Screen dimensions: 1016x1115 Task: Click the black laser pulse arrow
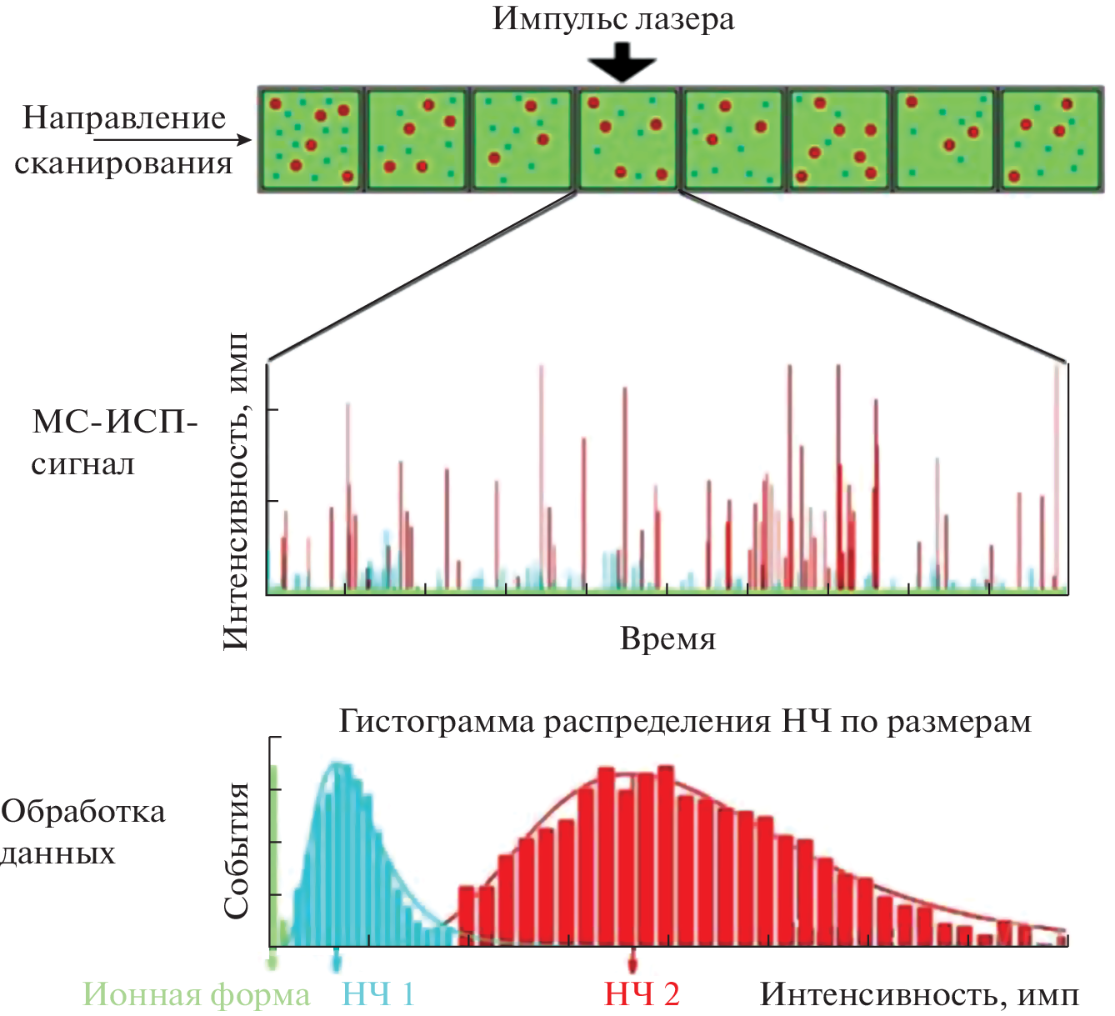point(622,67)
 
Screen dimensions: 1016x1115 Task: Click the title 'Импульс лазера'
point(612,18)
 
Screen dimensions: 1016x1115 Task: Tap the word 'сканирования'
point(123,163)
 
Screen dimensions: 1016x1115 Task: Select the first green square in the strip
point(310,139)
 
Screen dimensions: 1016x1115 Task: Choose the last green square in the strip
point(1051,139)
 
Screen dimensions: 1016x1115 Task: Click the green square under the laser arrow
point(627,139)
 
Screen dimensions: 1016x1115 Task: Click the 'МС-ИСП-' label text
point(115,422)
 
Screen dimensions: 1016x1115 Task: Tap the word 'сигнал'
point(82,463)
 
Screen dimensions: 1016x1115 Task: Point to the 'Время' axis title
point(667,639)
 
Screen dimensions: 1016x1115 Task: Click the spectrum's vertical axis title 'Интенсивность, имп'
point(236,492)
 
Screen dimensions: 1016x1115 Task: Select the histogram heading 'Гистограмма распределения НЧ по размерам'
point(684,721)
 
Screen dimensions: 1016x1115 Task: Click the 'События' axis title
point(237,850)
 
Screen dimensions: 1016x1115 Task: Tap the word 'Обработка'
point(83,811)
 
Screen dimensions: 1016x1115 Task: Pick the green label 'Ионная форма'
point(197,994)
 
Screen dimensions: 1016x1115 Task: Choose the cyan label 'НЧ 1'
point(378,993)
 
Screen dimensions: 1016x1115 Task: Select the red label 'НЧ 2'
point(642,993)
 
